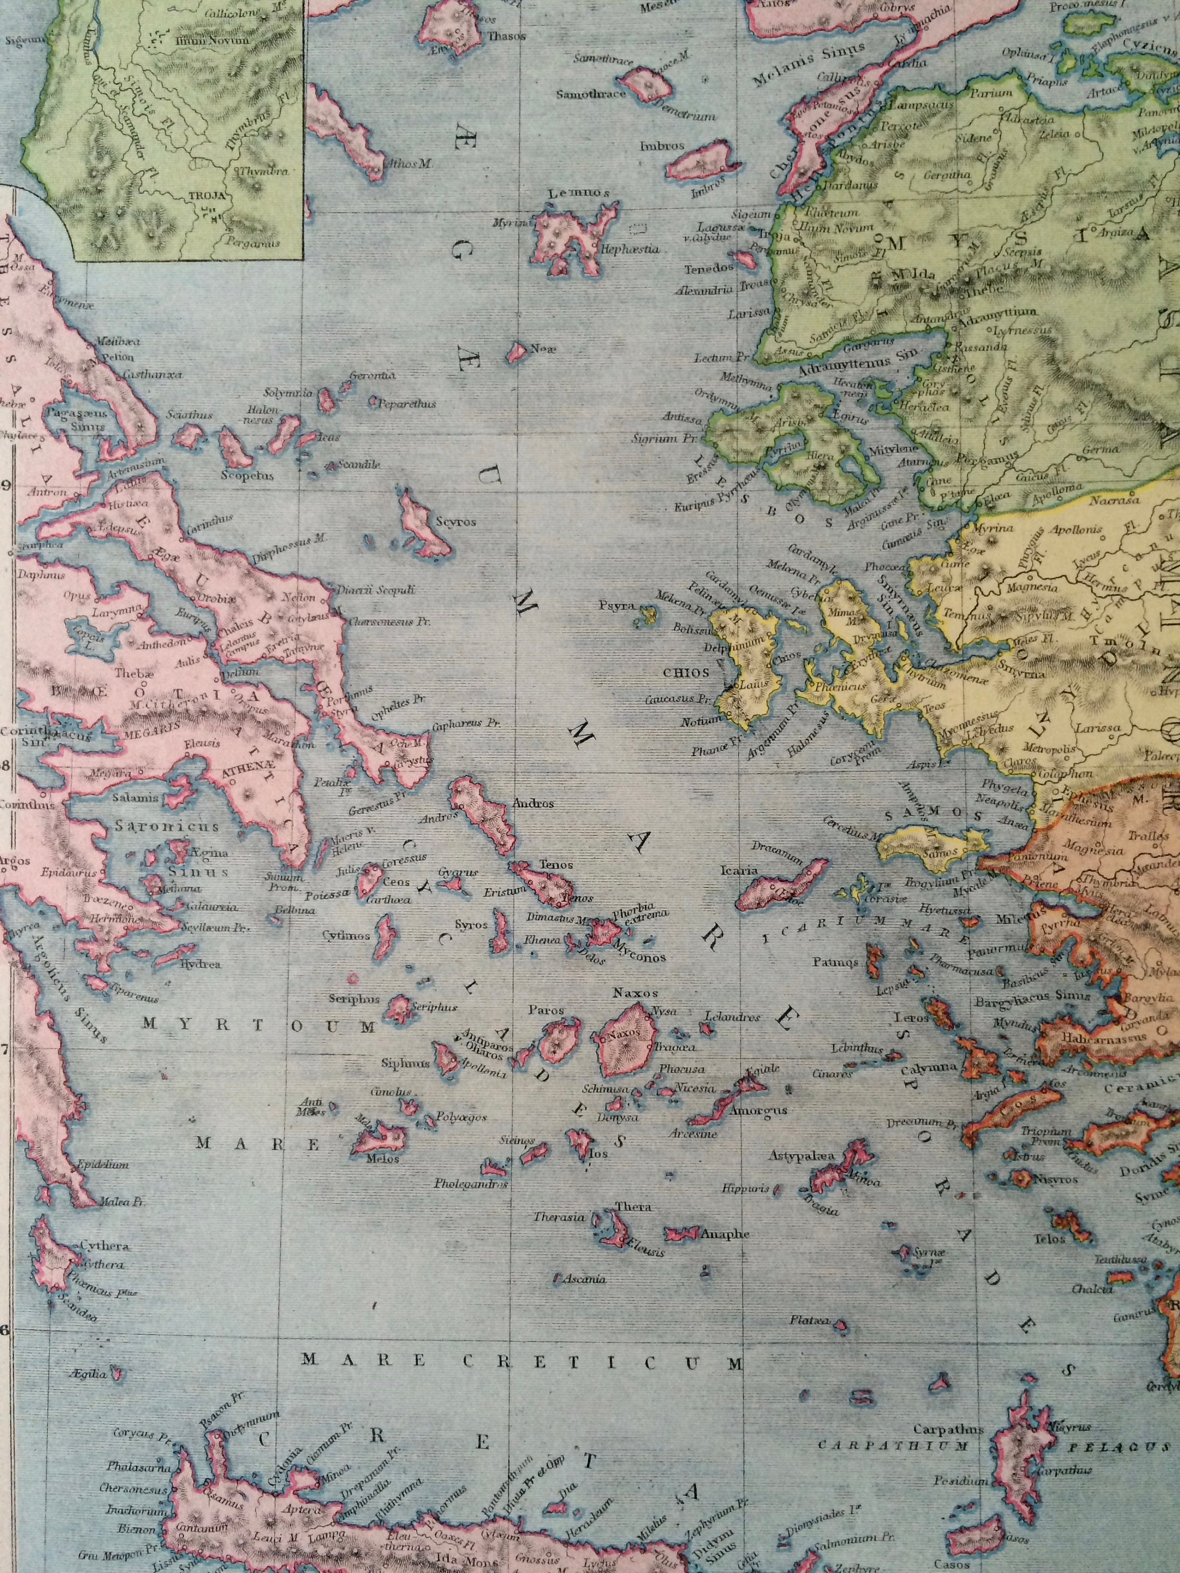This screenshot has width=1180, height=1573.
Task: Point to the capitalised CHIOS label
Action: [x=687, y=672]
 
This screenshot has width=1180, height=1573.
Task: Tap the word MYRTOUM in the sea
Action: [x=258, y=1026]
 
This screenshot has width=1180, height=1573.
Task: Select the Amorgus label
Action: [x=743, y=1110]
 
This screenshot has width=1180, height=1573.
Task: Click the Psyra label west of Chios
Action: [x=617, y=609]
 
